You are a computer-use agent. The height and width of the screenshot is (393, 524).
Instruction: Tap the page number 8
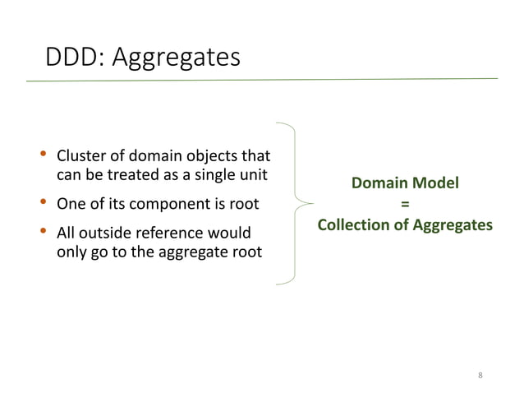tap(480, 376)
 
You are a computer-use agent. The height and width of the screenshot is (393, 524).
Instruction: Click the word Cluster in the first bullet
tap(80, 156)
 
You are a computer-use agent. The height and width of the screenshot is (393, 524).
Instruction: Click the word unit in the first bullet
tap(257, 174)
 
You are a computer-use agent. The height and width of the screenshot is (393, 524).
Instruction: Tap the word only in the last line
tap(71, 252)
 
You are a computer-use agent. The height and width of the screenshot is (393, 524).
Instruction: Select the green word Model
tap(435, 183)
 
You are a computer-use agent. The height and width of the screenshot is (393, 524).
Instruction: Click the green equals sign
tap(405, 204)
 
